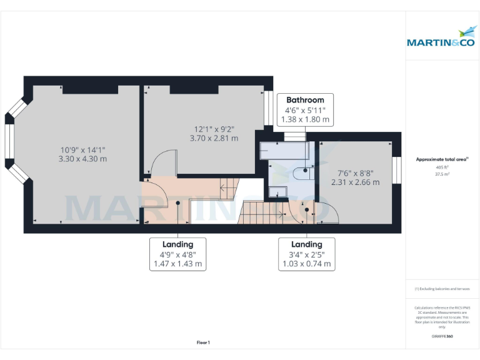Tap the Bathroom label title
point(305,100)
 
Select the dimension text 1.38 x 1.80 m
point(305,119)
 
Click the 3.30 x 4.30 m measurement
point(83,159)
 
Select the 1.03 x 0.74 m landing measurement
point(307,264)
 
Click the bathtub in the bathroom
point(284,150)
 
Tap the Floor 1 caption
point(203,342)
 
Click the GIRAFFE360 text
point(442,336)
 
